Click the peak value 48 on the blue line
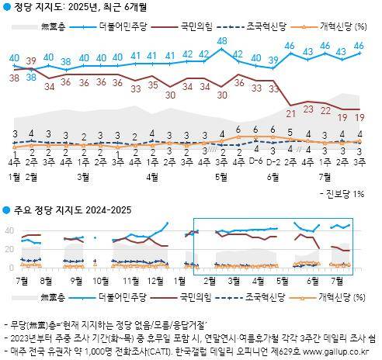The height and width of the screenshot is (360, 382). tap(222, 40)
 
